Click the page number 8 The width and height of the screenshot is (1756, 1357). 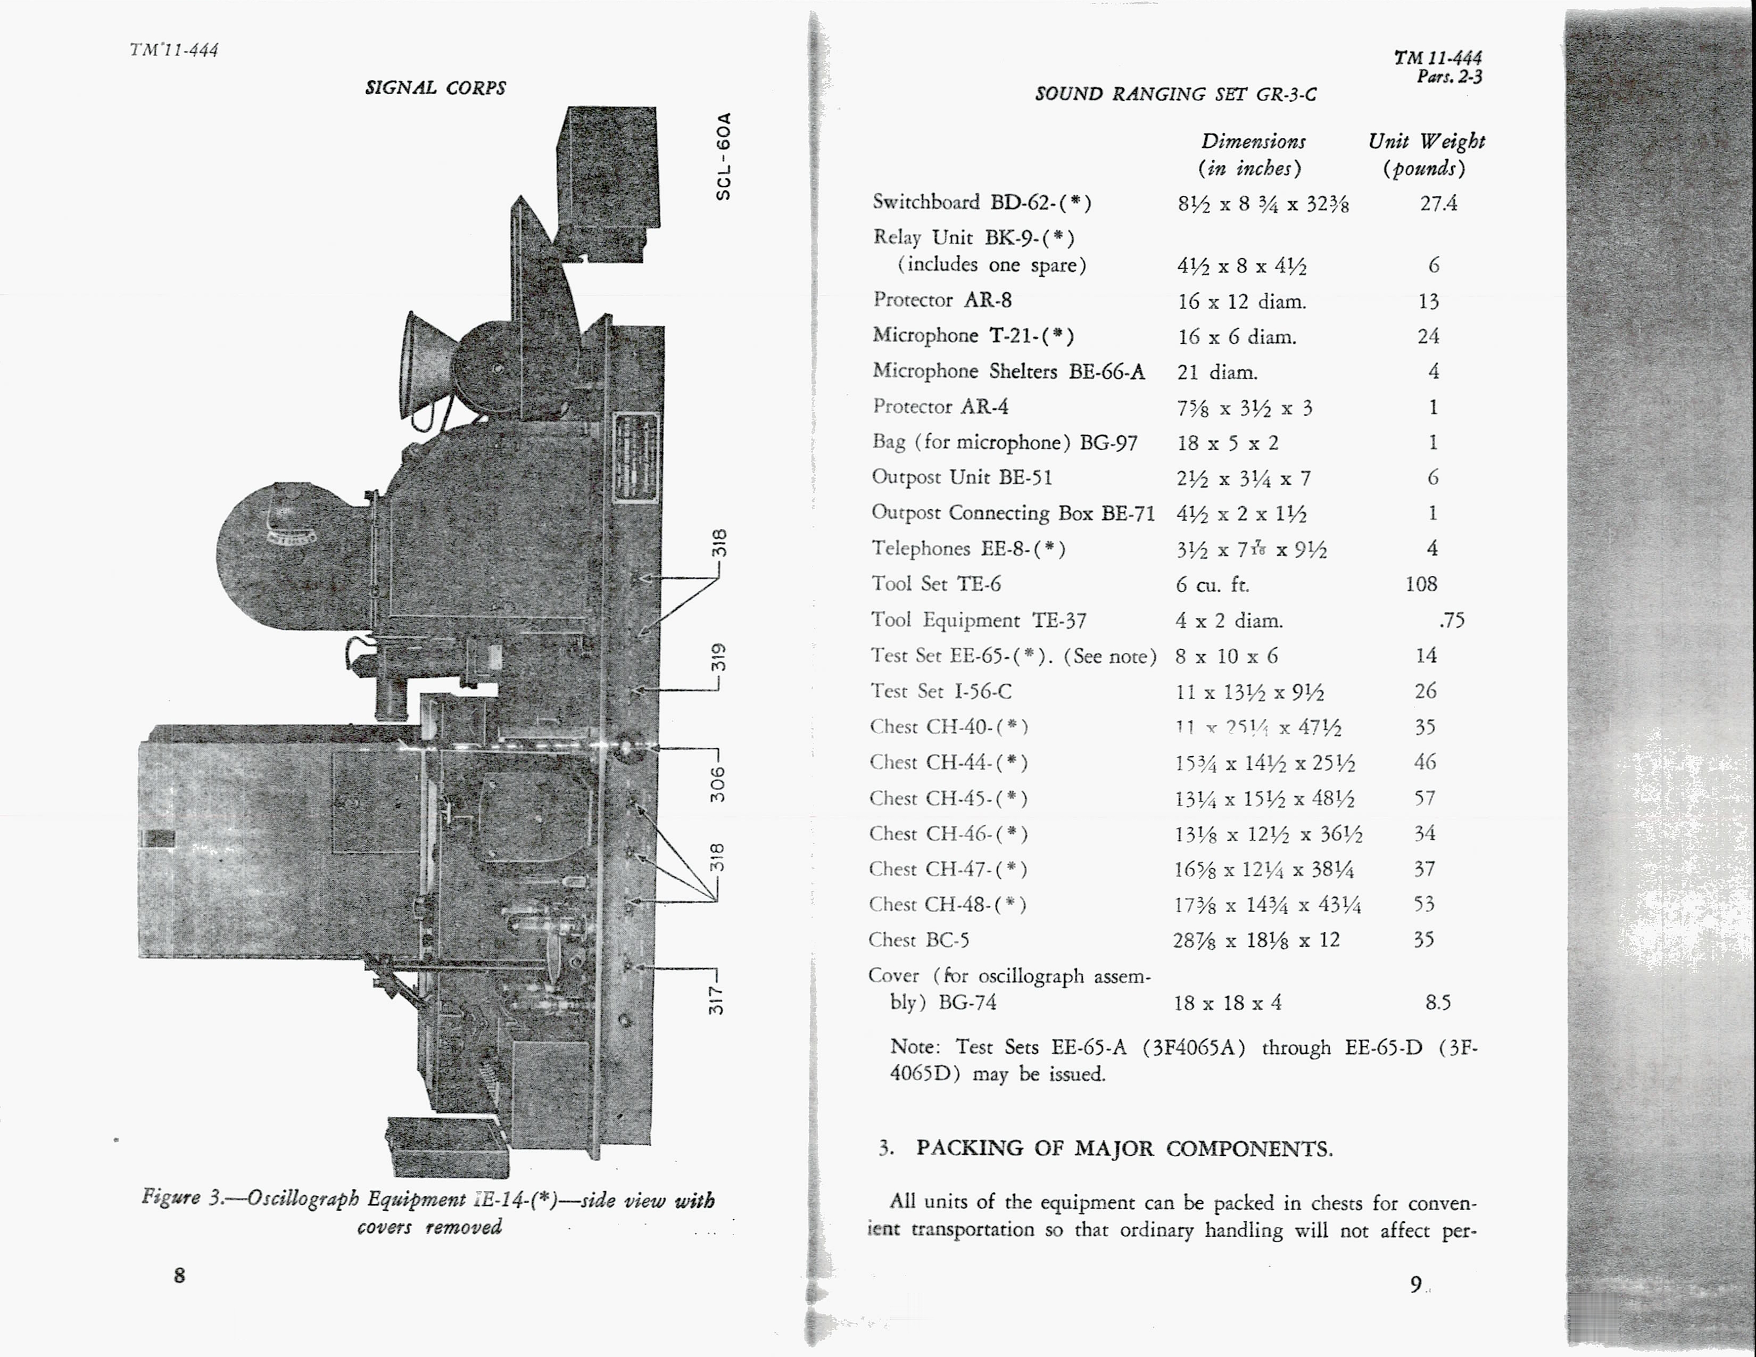(x=179, y=1275)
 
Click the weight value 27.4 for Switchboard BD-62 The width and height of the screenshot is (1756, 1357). (x=1438, y=203)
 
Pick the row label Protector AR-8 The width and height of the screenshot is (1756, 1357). (x=942, y=300)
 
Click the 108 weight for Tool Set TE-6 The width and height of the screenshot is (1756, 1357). (x=1421, y=584)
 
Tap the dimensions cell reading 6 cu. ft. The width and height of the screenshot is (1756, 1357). (x=1213, y=584)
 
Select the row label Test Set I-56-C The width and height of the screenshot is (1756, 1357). (x=941, y=691)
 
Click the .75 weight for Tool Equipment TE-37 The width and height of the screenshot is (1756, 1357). (x=1451, y=620)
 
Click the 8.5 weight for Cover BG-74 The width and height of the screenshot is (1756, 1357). (x=1438, y=1003)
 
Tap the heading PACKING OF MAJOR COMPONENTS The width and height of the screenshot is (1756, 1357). (x=1123, y=1148)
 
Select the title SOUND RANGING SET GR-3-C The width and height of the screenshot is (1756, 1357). (x=1175, y=94)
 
